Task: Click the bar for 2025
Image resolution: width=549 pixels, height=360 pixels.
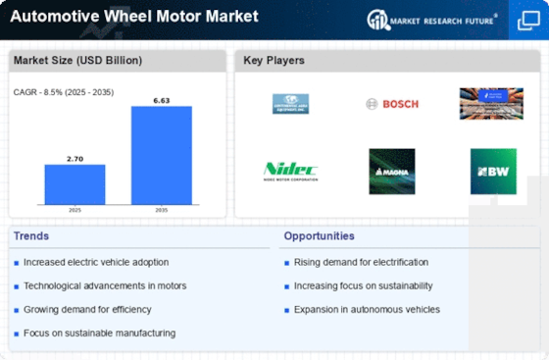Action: (x=75, y=183)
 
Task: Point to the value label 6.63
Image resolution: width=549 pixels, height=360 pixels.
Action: (x=162, y=99)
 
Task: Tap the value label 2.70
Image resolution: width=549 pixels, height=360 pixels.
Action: (x=75, y=157)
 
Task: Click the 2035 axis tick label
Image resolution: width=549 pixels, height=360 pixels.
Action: (x=162, y=210)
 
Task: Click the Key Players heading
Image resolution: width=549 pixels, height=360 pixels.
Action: (x=274, y=61)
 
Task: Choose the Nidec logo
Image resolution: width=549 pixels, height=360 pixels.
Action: (x=290, y=171)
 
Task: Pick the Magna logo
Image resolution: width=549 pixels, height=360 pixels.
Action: (x=391, y=171)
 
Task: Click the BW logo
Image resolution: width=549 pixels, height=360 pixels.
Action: (x=492, y=171)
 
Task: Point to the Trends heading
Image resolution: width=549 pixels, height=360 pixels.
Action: (x=31, y=236)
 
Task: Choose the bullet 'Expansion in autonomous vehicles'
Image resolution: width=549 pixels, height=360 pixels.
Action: (x=366, y=309)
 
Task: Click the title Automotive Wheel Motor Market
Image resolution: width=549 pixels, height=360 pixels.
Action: (x=133, y=17)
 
